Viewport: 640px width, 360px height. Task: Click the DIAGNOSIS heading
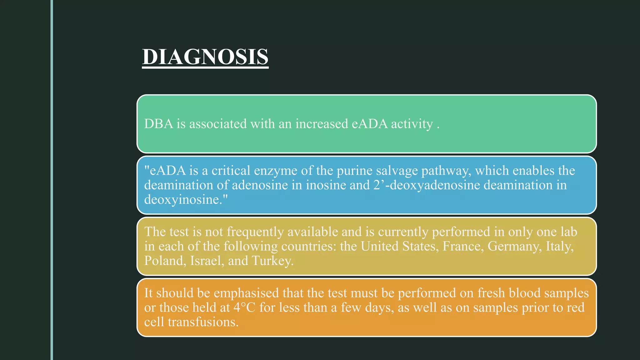tap(205, 57)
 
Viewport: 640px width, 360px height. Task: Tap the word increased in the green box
tap(322, 124)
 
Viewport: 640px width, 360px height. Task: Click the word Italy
tap(559, 247)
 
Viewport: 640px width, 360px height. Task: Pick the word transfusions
tap(203, 322)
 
